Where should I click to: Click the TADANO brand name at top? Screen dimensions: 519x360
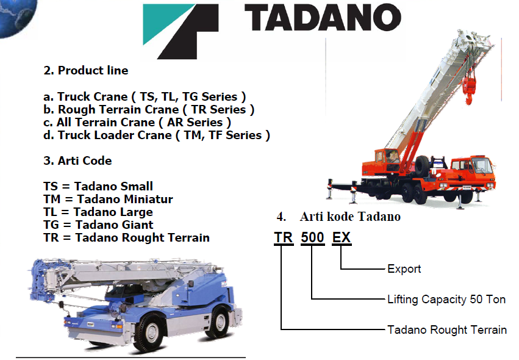tap(323, 18)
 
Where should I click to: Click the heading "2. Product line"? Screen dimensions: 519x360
tap(86, 70)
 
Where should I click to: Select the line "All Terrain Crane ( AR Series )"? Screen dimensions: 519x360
tap(137, 122)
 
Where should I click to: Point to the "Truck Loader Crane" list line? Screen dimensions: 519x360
tap(157, 135)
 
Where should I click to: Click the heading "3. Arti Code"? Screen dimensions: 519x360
tap(77, 160)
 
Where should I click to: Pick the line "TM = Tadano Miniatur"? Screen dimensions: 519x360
tap(108, 199)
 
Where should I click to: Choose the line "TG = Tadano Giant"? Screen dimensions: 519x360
tap(98, 225)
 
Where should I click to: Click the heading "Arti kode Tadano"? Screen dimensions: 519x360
tap(350, 217)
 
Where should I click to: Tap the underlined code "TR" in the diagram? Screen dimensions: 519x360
tap(284, 238)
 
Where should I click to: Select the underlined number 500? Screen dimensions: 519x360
tap(312, 238)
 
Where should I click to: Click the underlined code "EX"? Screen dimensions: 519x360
tap(342, 238)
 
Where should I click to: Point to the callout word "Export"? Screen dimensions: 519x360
tap(404, 269)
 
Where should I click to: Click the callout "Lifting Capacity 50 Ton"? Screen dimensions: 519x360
tap(446, 300)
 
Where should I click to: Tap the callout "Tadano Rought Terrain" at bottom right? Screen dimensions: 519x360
tap(447, 330)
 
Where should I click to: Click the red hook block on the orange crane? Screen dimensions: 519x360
tap(469, 90)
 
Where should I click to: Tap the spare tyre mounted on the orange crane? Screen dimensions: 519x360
tap(423, 165)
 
